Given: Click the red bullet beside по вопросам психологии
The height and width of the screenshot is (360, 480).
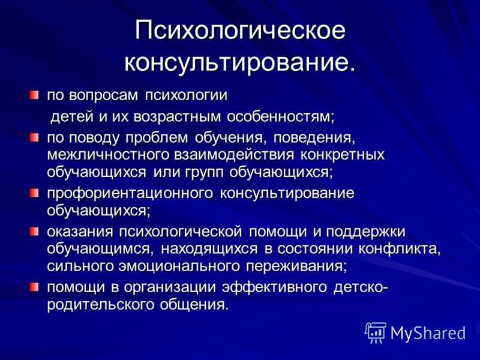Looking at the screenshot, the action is point(34,95).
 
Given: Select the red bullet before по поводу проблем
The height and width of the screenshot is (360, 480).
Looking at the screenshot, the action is point(34,137).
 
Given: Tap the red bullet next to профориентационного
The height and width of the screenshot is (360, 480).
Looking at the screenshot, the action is point(34,193).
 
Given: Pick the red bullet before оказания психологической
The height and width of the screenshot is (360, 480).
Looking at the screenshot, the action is point(34,231).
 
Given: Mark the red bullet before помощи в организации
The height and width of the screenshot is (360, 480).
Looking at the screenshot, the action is point(34,287).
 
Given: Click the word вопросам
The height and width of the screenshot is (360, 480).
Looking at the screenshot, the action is point(103,96).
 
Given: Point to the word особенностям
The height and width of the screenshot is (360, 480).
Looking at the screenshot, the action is point(281,116).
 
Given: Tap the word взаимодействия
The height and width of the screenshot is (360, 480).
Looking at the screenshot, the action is point(234,155).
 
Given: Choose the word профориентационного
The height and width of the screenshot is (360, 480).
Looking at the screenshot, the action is point(130,194).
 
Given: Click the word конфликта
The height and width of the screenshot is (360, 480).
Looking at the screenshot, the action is point(400,249).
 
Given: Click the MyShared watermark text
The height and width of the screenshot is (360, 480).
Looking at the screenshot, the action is point(428,333).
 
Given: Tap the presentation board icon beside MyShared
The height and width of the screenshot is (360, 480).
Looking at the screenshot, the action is point(376,332).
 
